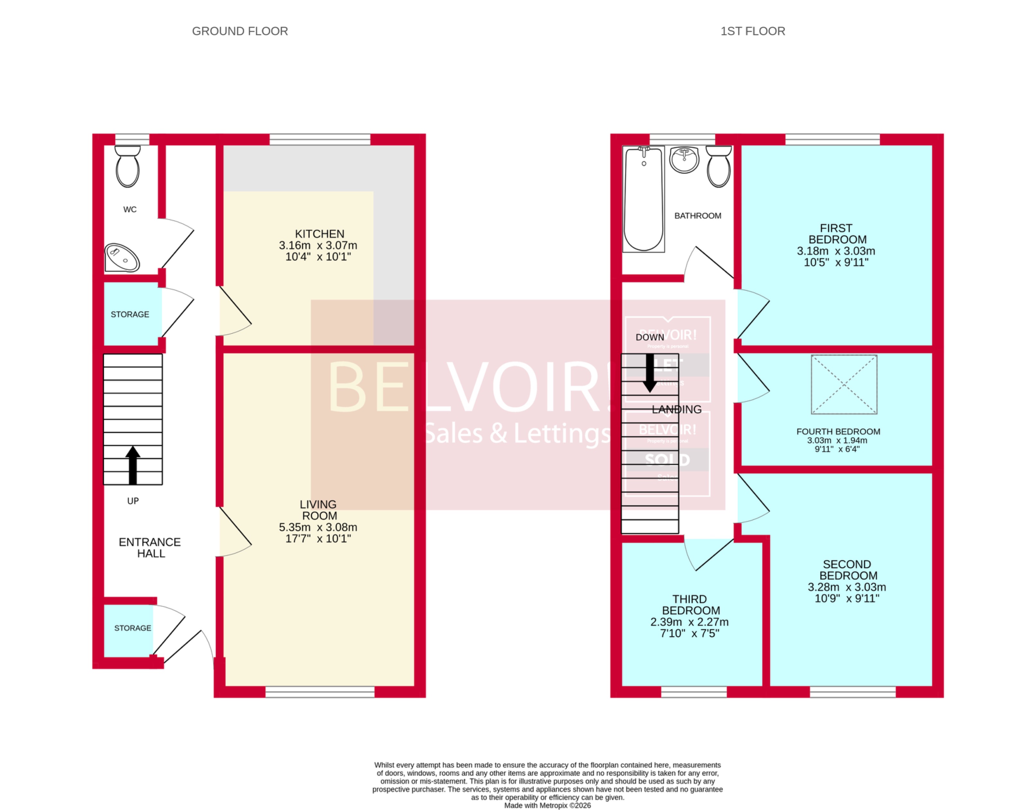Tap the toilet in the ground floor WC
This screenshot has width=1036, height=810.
click(128, 167)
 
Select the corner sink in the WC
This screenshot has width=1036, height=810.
click(121, 258)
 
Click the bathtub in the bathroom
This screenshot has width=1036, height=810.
click(643, 199)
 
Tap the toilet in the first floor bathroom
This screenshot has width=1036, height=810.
click(719, 167)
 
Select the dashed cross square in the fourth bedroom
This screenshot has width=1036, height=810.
click(844, 385)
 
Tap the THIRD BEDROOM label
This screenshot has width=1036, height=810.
click(691, 605)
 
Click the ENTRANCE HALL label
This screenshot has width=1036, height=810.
click(150, 548)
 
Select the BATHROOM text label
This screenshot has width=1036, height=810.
click(697, 216)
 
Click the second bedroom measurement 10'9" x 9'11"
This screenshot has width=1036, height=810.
click(847, 598)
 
